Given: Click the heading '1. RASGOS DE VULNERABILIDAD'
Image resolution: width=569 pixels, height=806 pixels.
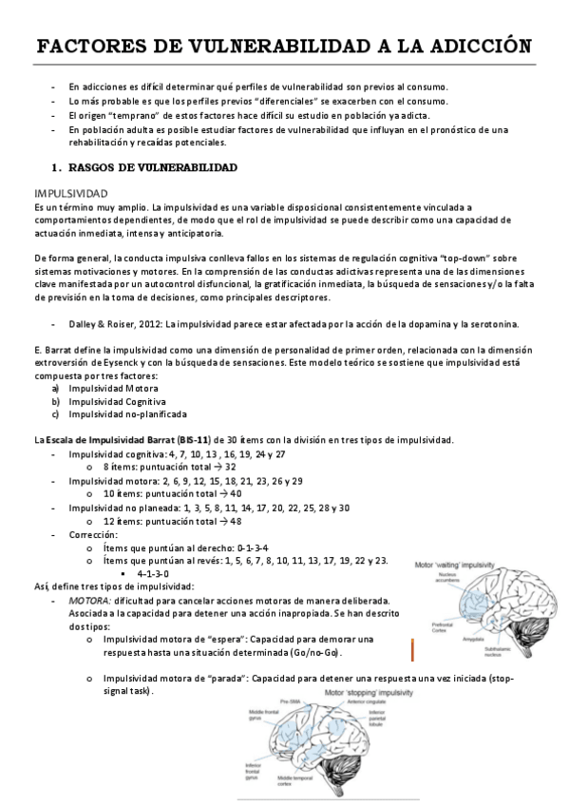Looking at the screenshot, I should [x=143, y=168].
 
